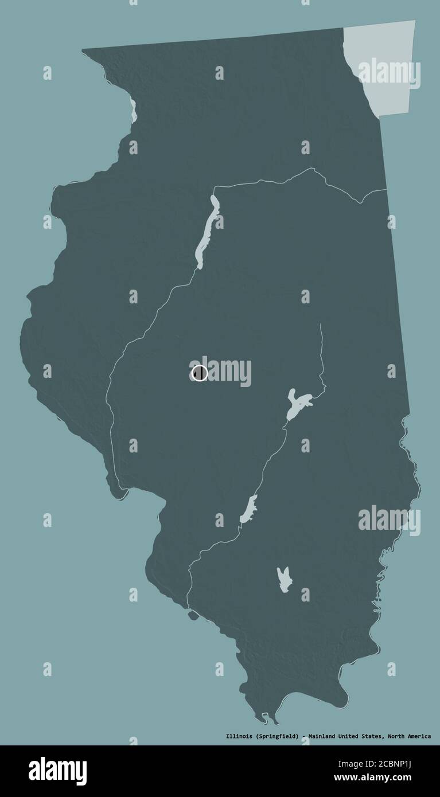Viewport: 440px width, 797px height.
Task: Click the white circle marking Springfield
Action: (199, 373)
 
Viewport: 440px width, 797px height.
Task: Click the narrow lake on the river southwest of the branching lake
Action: (249, 509)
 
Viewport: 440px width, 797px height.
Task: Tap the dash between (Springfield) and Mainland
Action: (303, 736)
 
